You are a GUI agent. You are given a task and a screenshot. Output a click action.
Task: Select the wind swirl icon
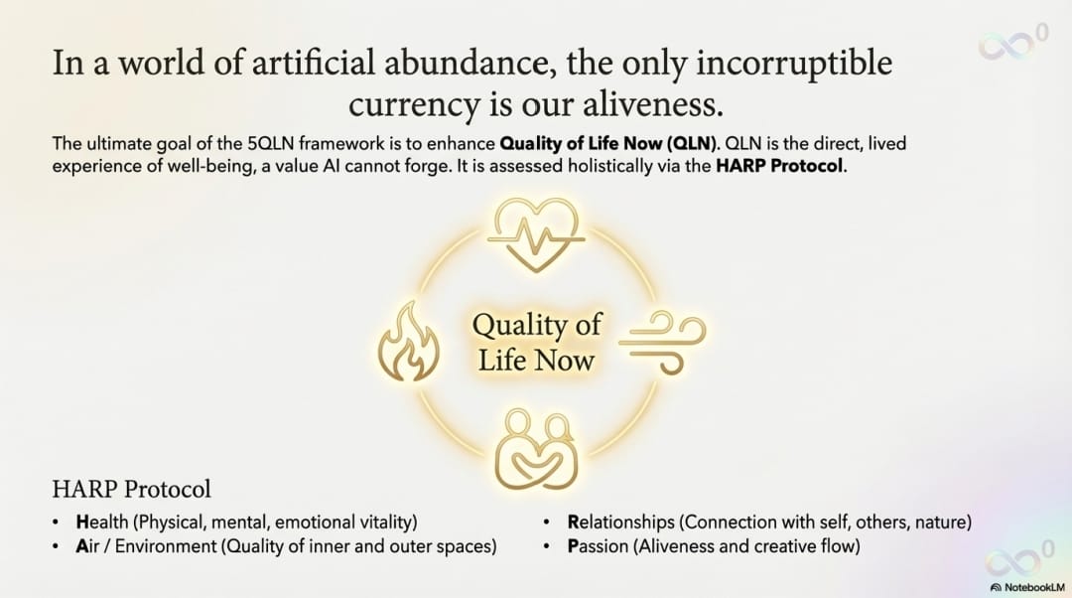[x=662, y=342]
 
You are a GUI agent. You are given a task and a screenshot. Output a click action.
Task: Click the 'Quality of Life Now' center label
[x=537, y=342]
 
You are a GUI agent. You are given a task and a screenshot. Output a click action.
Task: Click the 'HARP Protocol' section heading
[x=131, y=489]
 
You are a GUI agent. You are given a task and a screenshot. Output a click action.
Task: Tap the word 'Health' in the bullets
[x=102, y=523]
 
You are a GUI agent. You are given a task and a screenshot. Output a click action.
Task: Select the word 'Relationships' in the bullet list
[x=620, y=523]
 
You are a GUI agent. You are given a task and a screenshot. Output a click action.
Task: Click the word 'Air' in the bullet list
[x=86, y=546]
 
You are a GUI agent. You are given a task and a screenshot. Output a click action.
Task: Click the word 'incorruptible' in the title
[x=794, y=63]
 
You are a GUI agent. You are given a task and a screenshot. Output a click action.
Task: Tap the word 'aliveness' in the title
[x=652, y=104]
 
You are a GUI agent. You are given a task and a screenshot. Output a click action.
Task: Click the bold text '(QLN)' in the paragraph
[x=693, y=144]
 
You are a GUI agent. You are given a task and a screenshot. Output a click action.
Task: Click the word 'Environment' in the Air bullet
[x=166, y=546]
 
